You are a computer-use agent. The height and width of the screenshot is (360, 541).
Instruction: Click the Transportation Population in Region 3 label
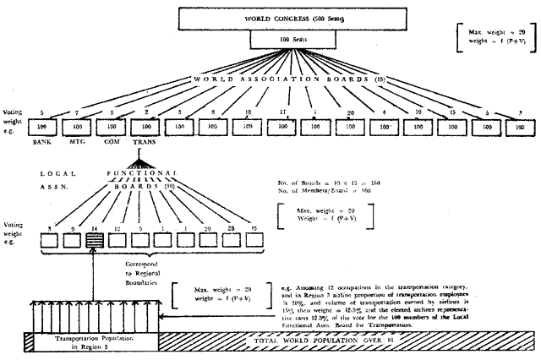click(90, 342)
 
